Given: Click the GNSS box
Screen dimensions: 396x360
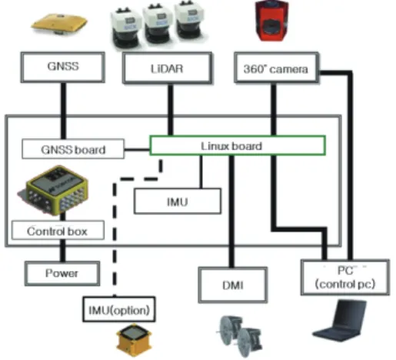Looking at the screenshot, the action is pos(63,67).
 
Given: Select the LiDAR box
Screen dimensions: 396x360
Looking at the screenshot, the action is pos(167,68).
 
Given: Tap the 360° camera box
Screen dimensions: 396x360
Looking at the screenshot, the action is pos(277,68).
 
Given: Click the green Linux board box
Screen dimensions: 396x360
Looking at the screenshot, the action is pos(238,145).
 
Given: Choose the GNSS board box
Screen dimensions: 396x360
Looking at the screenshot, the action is pos(73,149).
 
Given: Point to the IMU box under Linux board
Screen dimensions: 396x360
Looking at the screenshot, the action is pos(178,202).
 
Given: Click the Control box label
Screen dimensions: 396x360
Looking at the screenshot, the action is pos(58,230).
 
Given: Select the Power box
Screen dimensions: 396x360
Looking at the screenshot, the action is pos(62,273).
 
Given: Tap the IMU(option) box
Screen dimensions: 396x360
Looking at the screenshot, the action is pos(119,309).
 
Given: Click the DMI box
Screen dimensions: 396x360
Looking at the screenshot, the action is pos(233,285).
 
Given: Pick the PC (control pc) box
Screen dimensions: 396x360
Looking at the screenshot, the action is pos(345,278).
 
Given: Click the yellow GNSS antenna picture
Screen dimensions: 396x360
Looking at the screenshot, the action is pos(59,25).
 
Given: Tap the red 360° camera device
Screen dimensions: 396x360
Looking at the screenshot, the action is pos(272,21).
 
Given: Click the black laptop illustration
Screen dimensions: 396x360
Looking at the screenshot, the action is pos(340,321).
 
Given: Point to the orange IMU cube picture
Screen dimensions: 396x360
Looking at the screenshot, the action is pos(134,339).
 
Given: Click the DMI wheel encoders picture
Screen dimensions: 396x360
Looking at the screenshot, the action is pos(239,336).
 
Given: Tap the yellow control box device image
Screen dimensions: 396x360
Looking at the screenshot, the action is pos(53,190).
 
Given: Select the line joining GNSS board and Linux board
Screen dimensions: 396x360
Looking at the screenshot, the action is pos(137,149).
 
